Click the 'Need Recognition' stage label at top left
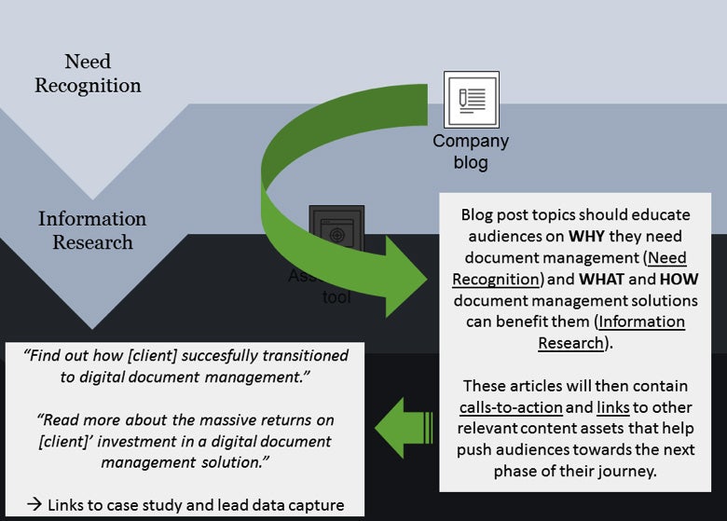click(x=89, y=74)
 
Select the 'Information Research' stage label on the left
click(x=92, y=230)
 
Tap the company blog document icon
click(x=471, y=99)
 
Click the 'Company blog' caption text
click(x=471, y=151)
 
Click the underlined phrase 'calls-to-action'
click(x=510, y=407)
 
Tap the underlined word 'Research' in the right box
click(x=570, y=342)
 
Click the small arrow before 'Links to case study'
click(x=34, y=505)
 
